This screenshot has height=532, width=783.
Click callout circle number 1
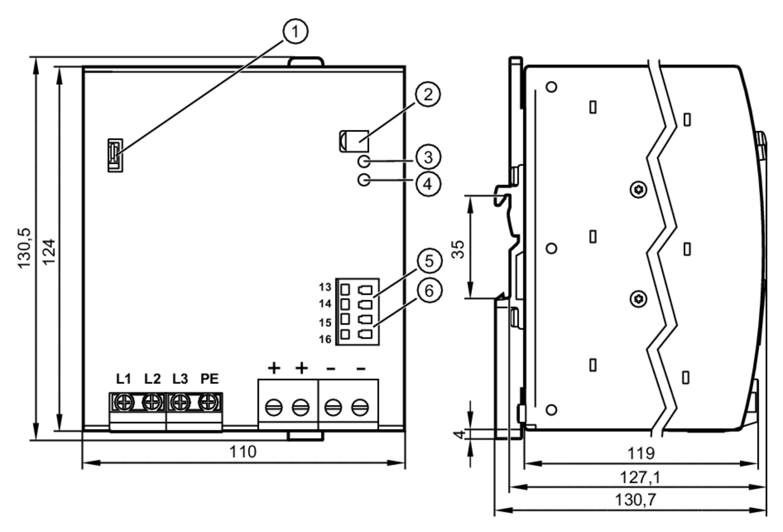click(295, 31)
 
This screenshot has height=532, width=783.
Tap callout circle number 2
click(428, 94)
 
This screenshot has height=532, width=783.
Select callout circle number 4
click(428, 183)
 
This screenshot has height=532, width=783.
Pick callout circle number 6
click(429, 291)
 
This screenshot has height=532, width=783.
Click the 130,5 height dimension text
click(24, 248)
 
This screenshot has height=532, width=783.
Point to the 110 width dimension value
click(243, 452)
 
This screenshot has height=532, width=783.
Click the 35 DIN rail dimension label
click(458, 249)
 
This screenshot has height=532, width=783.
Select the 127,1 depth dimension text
click(640, 478)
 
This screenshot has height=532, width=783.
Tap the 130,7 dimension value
click(635, 500)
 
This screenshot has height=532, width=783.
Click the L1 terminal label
click(124, 379)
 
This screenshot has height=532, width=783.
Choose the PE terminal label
click(209, 379)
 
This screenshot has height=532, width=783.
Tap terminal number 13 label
click(325, 287)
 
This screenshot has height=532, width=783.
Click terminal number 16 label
click(325, 339)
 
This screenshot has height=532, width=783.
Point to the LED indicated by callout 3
click(364, 161)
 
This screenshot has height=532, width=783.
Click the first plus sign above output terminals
click(274, 368)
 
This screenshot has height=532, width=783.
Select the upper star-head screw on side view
click(639, 190)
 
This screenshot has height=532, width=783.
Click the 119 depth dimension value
click(641, 453)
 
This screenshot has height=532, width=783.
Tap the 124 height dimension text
click(49, 252)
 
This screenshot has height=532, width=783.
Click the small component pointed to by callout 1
click(115, 155)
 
